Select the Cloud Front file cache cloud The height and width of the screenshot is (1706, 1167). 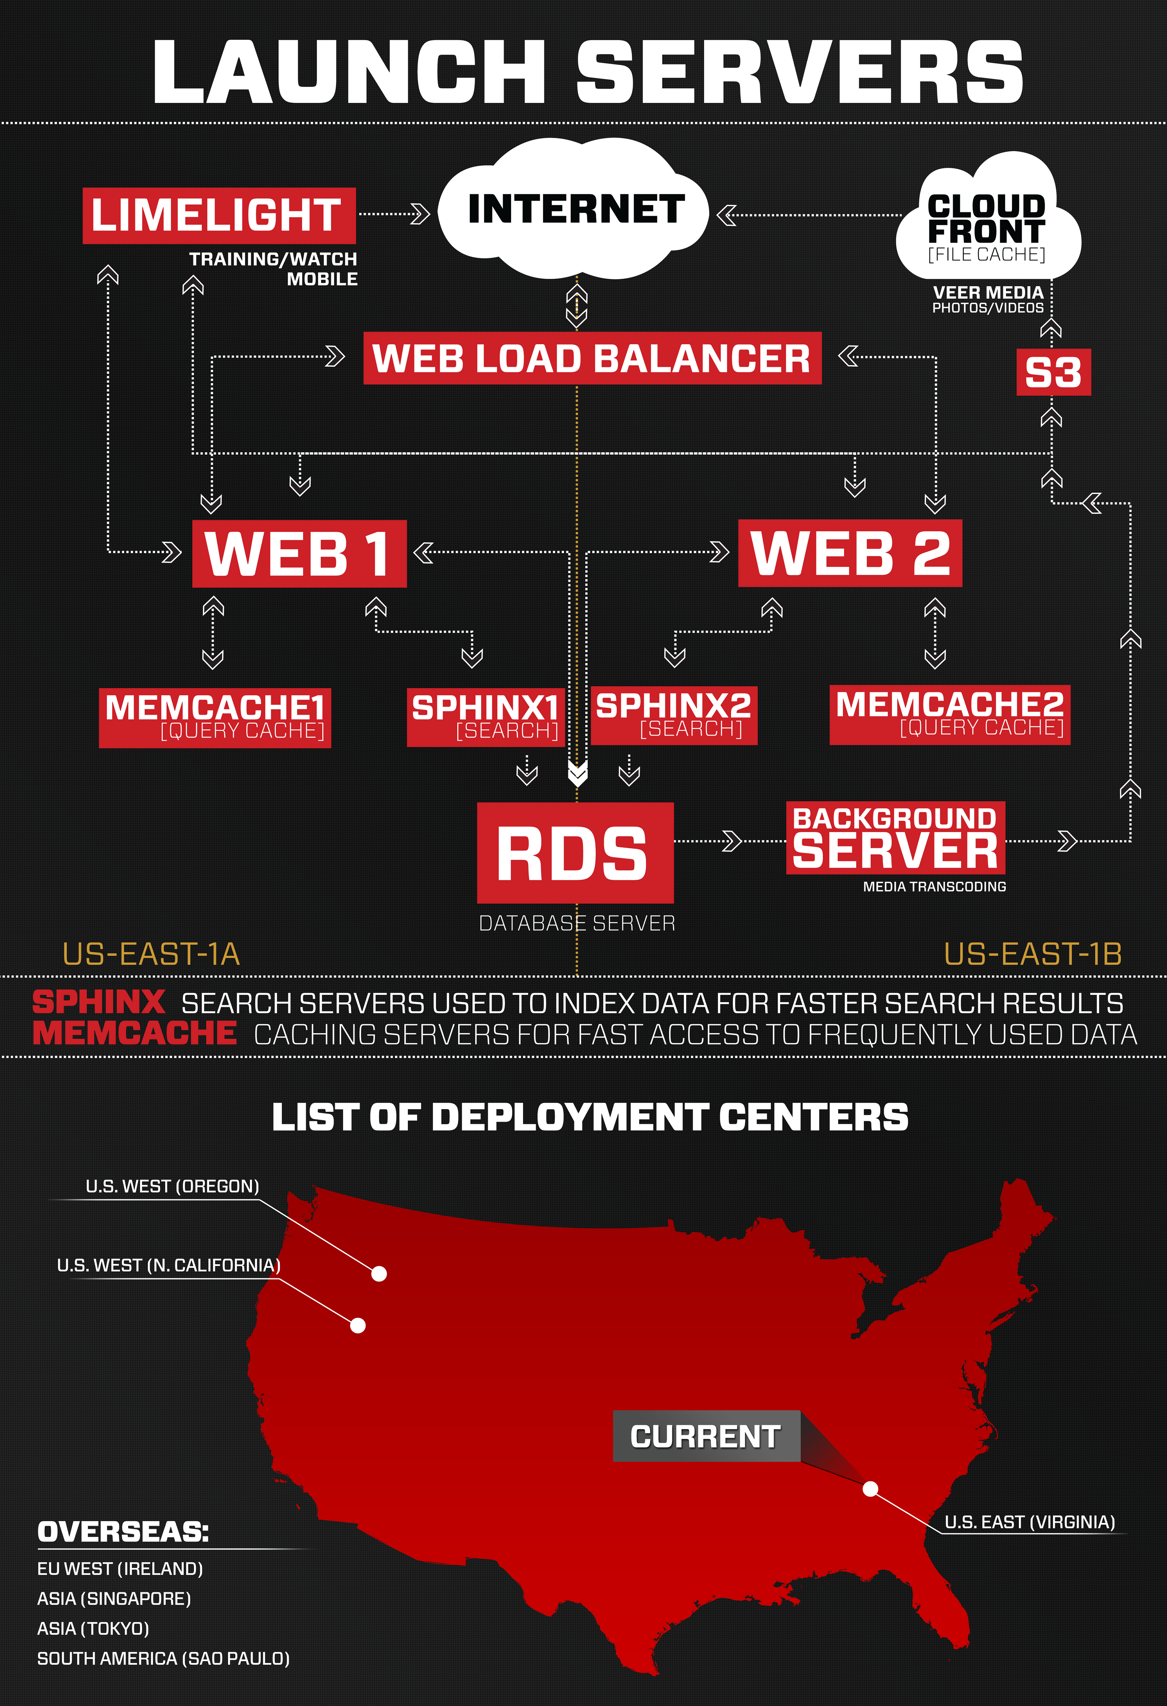987,224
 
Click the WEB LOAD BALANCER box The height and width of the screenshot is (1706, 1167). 592,358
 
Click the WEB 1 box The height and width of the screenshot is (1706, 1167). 299,554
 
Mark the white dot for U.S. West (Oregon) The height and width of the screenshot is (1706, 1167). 379,1274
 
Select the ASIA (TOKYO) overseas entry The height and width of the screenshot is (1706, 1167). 93,1628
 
